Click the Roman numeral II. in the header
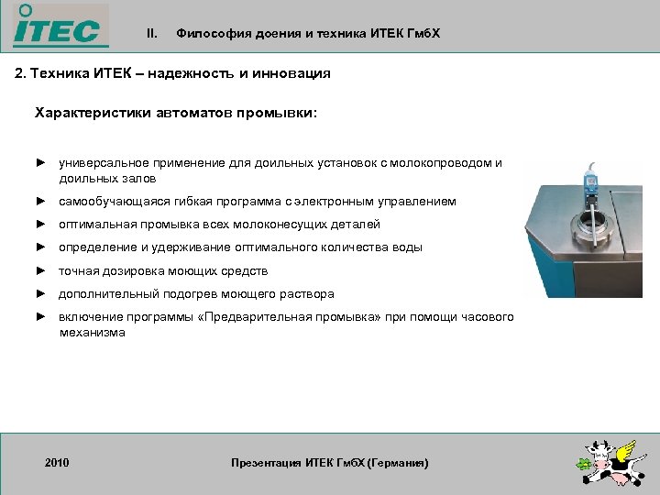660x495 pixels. click(152, 34)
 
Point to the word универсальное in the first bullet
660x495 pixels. click(99, 163)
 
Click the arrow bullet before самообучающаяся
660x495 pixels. click(40, 201)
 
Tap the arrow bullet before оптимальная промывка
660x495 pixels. click(40, 224)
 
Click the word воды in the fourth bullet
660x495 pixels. click(409, 247)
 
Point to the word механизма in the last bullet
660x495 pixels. click(92, 333)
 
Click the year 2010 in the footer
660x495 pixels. click(57, 463)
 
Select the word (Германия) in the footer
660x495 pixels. click(397, 463)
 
